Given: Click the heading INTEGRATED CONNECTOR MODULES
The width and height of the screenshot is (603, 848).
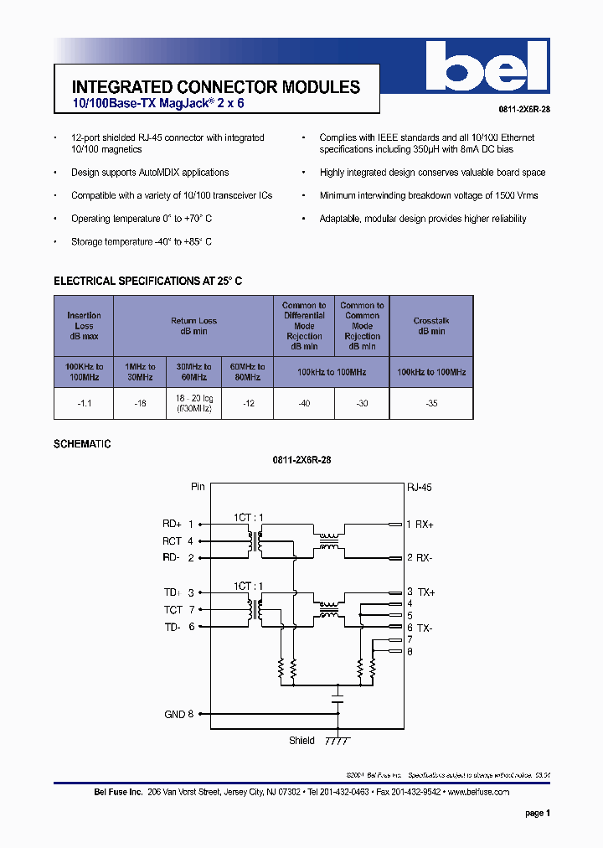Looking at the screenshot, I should (x=216, y=87).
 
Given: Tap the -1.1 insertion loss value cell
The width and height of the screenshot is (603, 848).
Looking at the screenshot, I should (x=84, y=403).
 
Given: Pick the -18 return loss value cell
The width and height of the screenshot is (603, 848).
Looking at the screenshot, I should (x=140, y=403).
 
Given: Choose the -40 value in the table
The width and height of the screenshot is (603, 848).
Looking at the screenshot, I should (x=304, y=403).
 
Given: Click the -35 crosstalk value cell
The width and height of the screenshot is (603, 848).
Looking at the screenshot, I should (x=431, y=403).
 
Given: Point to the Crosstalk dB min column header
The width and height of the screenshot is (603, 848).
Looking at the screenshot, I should (x=431, y=326).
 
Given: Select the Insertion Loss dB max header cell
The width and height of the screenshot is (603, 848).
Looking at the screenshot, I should (x=84, y=326).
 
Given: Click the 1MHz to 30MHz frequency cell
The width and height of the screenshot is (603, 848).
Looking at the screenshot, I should (x=140, y=371).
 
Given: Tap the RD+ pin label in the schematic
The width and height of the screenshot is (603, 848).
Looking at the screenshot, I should (x=173, y=524).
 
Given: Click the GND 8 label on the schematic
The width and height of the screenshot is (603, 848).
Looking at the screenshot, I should (x=178, y=714).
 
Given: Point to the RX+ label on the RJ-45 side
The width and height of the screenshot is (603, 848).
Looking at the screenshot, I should (x=425, y=525).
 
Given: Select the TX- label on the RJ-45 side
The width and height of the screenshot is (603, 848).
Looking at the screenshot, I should (x=425, y=628).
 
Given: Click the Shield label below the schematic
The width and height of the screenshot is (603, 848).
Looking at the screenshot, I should (x=301, y=741).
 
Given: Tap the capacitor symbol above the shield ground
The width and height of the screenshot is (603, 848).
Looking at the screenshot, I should (x=338, y=695).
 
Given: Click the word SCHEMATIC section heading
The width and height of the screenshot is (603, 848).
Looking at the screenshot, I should (x=82, y=444).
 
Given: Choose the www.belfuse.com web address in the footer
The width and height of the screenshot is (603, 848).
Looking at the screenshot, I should (x=477, y=792).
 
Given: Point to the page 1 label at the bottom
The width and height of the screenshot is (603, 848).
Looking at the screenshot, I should (x=537, y=813).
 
